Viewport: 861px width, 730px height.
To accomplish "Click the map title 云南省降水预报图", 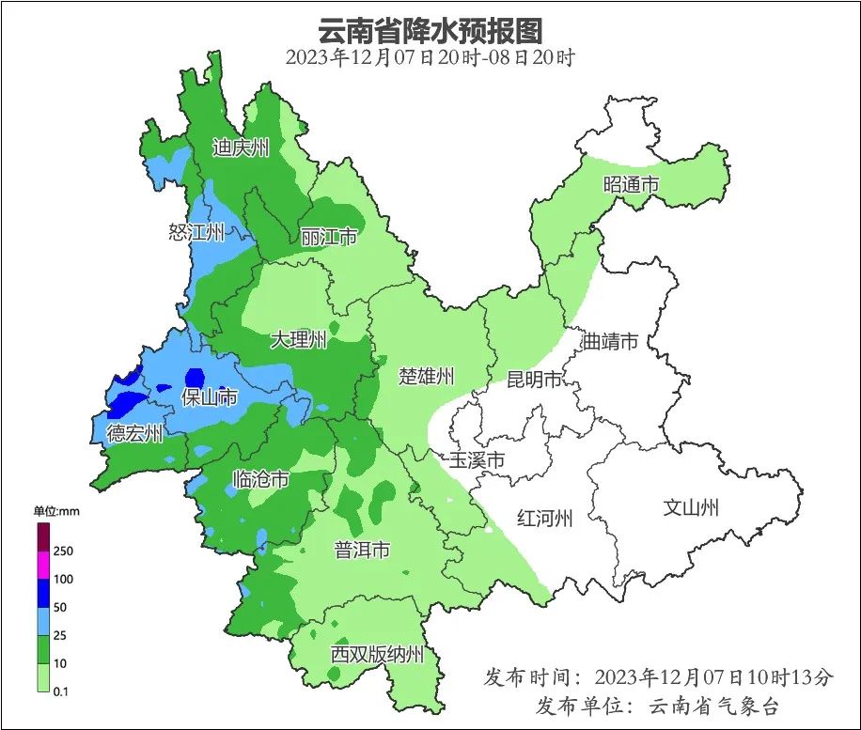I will coord(430,30).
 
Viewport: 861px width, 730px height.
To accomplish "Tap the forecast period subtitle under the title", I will coord(430,57).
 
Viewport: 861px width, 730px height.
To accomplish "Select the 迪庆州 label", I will coord(241,148).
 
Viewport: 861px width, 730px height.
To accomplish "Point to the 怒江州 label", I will coord(196,232).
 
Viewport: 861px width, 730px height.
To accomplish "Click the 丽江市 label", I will coord(329,237).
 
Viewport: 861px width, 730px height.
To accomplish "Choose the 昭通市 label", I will coord(631,185).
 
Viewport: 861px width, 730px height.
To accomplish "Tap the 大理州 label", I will coord(299,339).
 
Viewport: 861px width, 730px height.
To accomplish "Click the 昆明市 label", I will coord(534,380).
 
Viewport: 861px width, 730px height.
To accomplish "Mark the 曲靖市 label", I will coord(610,341).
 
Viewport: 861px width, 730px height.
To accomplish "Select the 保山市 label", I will coord(209,397).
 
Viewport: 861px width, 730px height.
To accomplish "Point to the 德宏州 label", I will coord(134,433).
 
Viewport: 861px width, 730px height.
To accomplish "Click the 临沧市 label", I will coord(260,480).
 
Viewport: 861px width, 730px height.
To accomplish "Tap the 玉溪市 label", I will coord(477,460).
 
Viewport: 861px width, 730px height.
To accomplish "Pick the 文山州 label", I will coord(691,508).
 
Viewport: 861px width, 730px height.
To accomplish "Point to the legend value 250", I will coord(63,551).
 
